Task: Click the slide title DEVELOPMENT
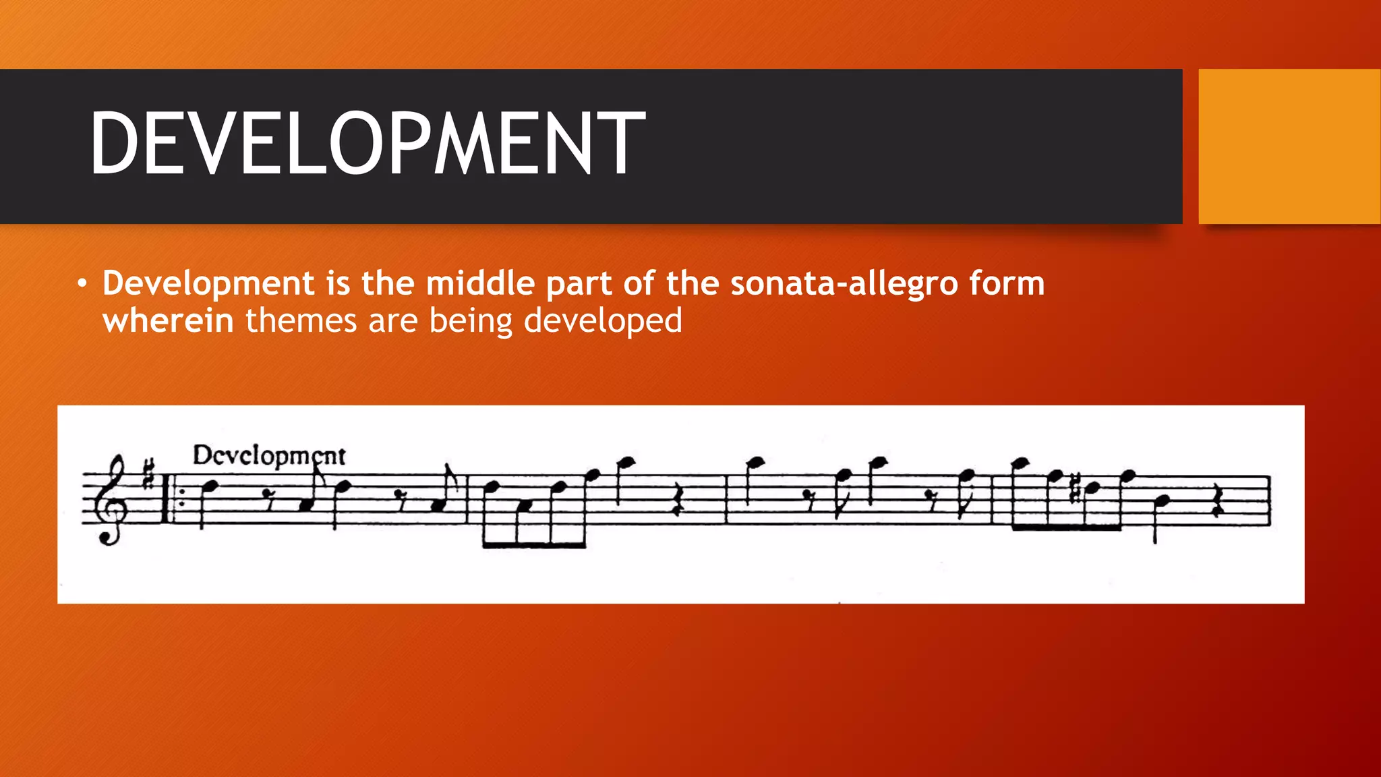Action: (368, 143)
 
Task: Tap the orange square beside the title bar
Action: (1289, 146)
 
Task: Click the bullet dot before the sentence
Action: (82, 284)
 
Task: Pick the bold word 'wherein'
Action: (168, 321)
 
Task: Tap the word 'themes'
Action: (301, 321)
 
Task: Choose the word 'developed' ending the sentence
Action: (603, 322)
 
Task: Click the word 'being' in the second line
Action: (471, 322)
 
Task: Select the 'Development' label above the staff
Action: (268, 456)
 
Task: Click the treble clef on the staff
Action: (112, 499)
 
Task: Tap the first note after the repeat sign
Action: (210, 486)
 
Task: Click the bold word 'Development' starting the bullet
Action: (208, 283)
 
